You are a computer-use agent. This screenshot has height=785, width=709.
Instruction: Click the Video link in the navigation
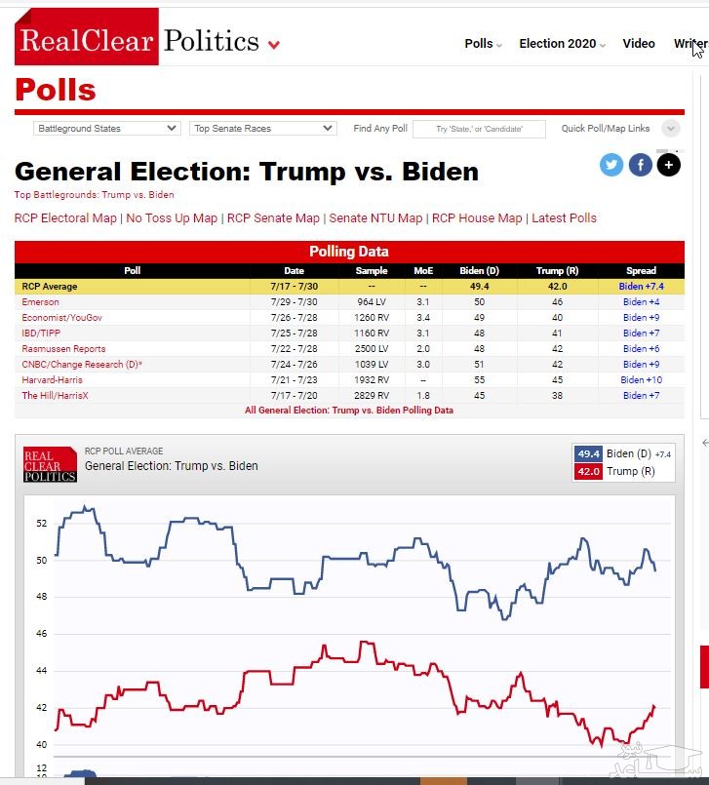coord(639,44)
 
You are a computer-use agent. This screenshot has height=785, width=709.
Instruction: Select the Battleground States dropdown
coord(107,129)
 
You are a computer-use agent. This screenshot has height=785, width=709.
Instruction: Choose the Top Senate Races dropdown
coord(263,129)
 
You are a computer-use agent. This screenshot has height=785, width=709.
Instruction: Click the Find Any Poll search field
coord(478,129)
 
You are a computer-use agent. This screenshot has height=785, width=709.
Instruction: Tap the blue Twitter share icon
coord(611,165)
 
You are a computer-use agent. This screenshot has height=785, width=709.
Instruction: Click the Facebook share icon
coord(640,165)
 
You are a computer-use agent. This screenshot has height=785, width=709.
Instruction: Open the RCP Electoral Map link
coord(65,218)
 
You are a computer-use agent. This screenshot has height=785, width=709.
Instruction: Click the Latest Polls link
coord(564,218)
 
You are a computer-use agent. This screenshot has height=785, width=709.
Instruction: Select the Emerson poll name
coord(41,302)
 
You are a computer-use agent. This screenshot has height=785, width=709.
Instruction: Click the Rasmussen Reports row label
coord(63,349)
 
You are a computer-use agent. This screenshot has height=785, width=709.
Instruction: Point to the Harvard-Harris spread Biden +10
coord(641,380)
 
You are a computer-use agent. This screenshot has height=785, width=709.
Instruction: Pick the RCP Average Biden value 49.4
coord(478,287)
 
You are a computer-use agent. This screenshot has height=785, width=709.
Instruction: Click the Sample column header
coord(372,271)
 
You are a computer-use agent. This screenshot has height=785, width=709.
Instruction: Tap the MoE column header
coord(423,271)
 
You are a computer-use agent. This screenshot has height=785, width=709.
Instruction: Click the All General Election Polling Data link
coord(349,411)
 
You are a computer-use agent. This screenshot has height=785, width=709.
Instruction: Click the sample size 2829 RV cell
coord(372,396)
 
